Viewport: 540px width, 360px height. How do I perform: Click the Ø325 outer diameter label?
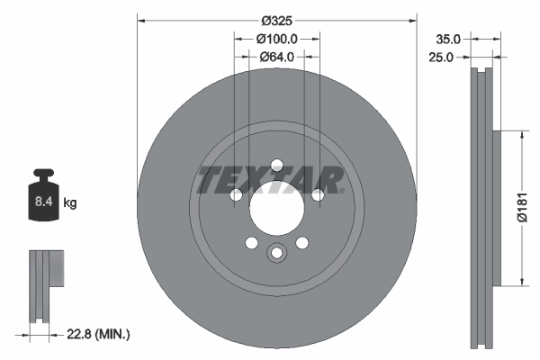(277, 20)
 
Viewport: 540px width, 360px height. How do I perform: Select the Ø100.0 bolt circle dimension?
(277, 40)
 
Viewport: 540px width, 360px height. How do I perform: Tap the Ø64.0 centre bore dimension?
(277, 58)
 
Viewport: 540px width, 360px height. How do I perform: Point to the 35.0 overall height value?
(447, 40)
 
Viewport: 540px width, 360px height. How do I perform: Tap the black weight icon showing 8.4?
(44, 193)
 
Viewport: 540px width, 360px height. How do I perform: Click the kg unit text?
(70, 204)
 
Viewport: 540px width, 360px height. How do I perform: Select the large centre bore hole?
(276, 212)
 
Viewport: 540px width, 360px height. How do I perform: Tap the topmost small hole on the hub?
(276, 164)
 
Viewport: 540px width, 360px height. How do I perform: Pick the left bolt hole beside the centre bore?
(235, 195)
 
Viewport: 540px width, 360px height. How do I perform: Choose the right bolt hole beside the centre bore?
(318, 195)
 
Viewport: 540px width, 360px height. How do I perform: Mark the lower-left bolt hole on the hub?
(251, 242)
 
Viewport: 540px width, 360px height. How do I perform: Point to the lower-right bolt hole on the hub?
(301, 242)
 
